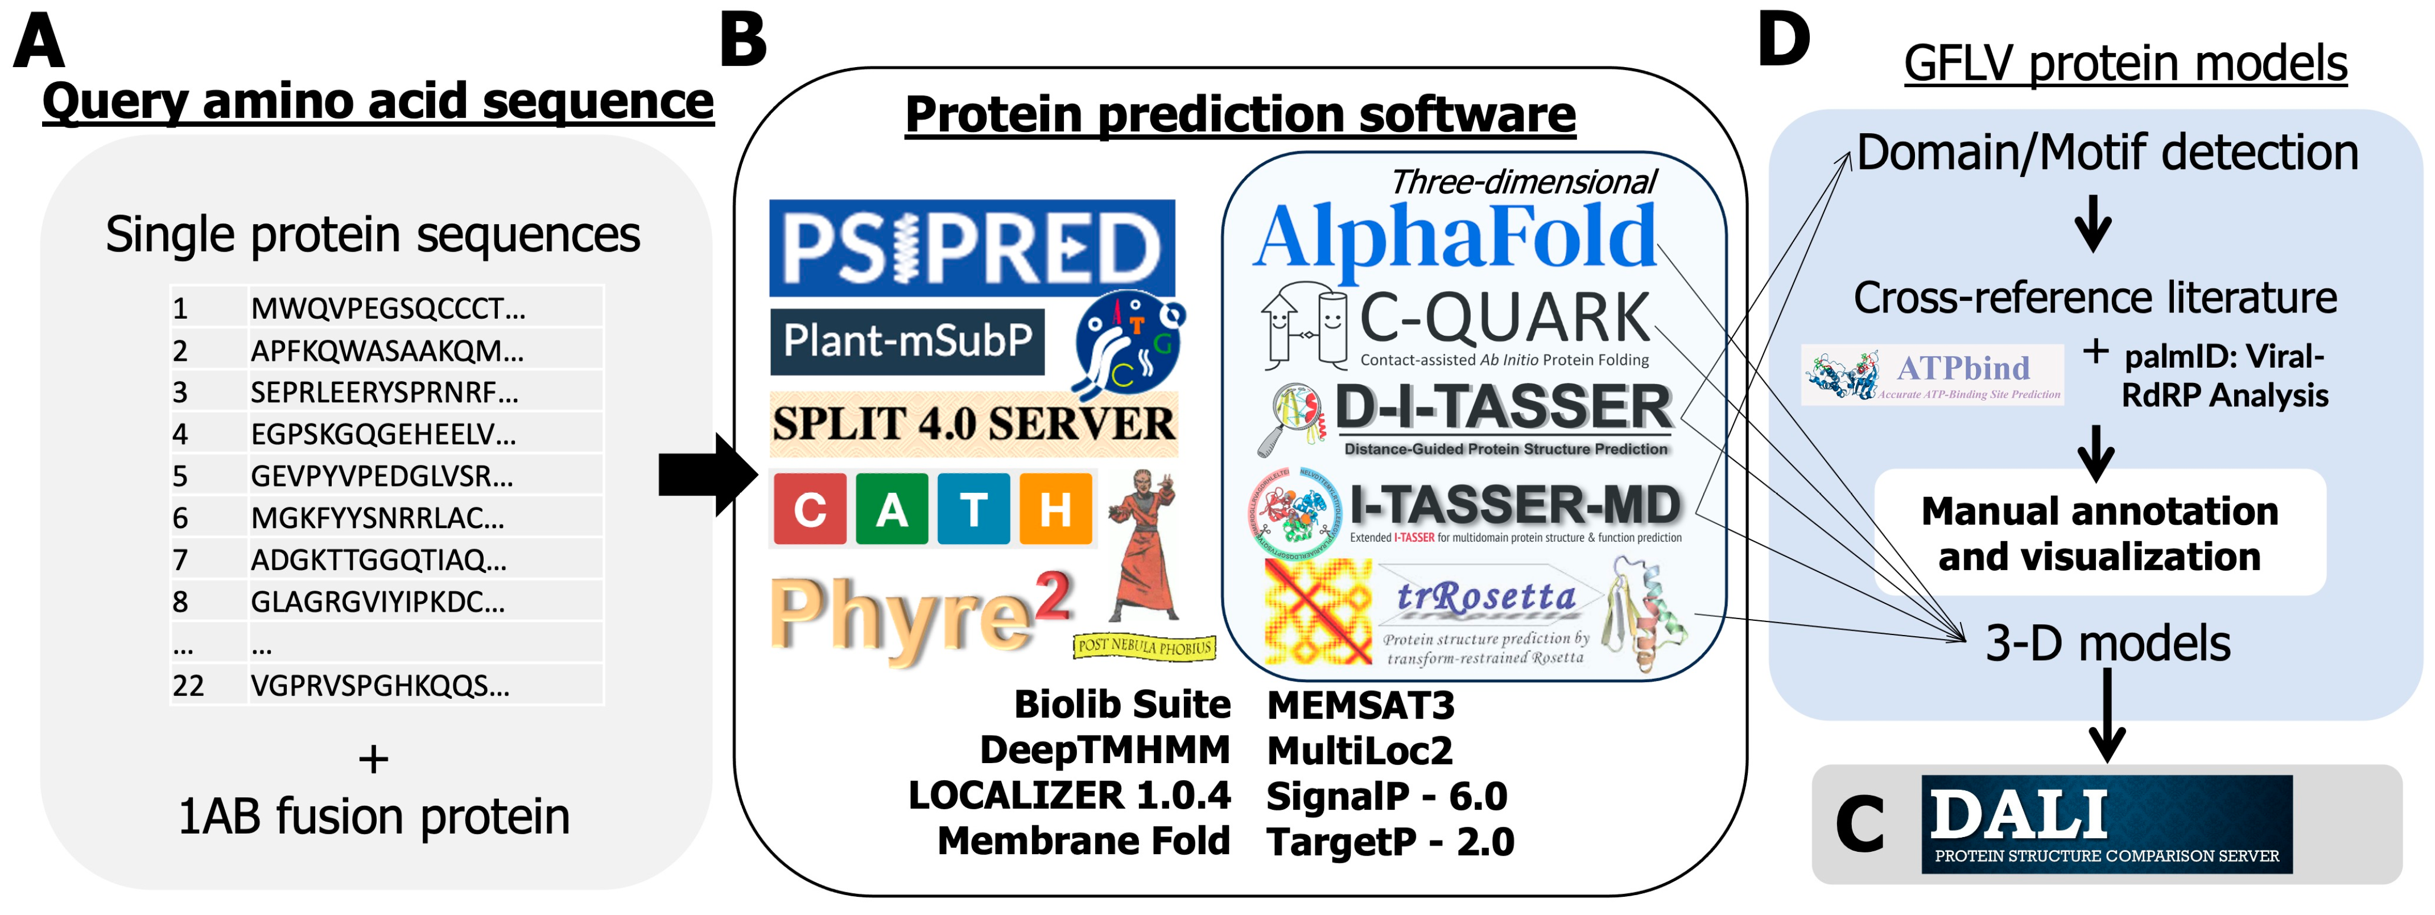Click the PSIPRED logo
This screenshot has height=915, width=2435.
972,248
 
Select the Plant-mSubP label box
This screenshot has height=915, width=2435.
907,340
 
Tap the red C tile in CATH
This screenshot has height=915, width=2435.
810,510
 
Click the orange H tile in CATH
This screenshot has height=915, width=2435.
1055,510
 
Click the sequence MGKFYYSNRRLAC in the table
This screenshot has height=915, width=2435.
378,518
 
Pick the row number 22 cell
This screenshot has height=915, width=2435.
189,685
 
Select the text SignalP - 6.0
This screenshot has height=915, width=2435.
1386,796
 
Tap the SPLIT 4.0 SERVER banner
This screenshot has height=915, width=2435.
973,423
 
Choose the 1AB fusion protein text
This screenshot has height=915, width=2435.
374,817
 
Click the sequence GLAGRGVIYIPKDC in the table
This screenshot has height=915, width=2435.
378,602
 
